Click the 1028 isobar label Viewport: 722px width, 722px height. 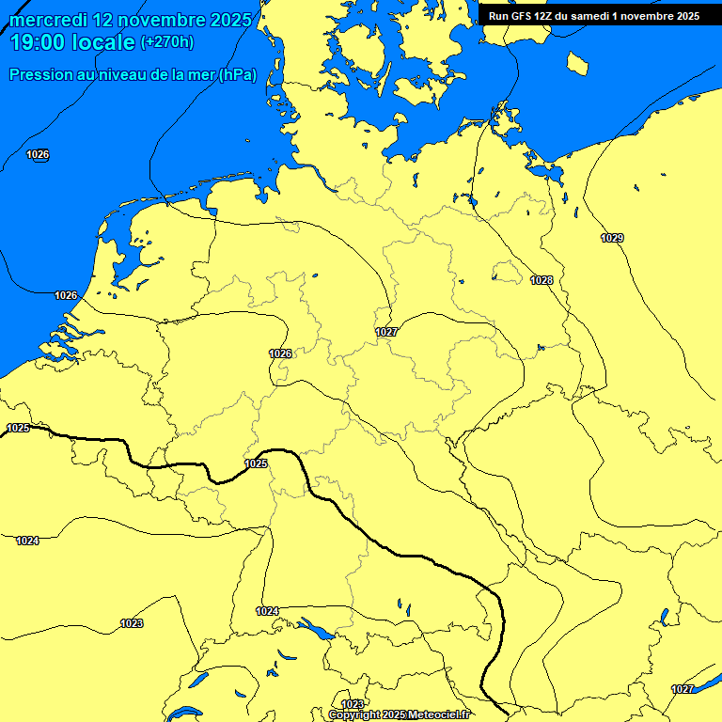point(541,280)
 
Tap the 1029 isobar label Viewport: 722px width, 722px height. point(612,238)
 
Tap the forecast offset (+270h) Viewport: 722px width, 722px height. point(166,42)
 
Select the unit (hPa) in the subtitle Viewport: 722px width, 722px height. point(237,74)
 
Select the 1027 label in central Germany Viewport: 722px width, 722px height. point(386,332)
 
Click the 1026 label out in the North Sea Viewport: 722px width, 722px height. point(39,154)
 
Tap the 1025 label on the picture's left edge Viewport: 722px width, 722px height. point(18,428)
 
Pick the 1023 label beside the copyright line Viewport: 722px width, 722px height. point(353,704)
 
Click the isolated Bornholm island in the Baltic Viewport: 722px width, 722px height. point(577,63)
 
